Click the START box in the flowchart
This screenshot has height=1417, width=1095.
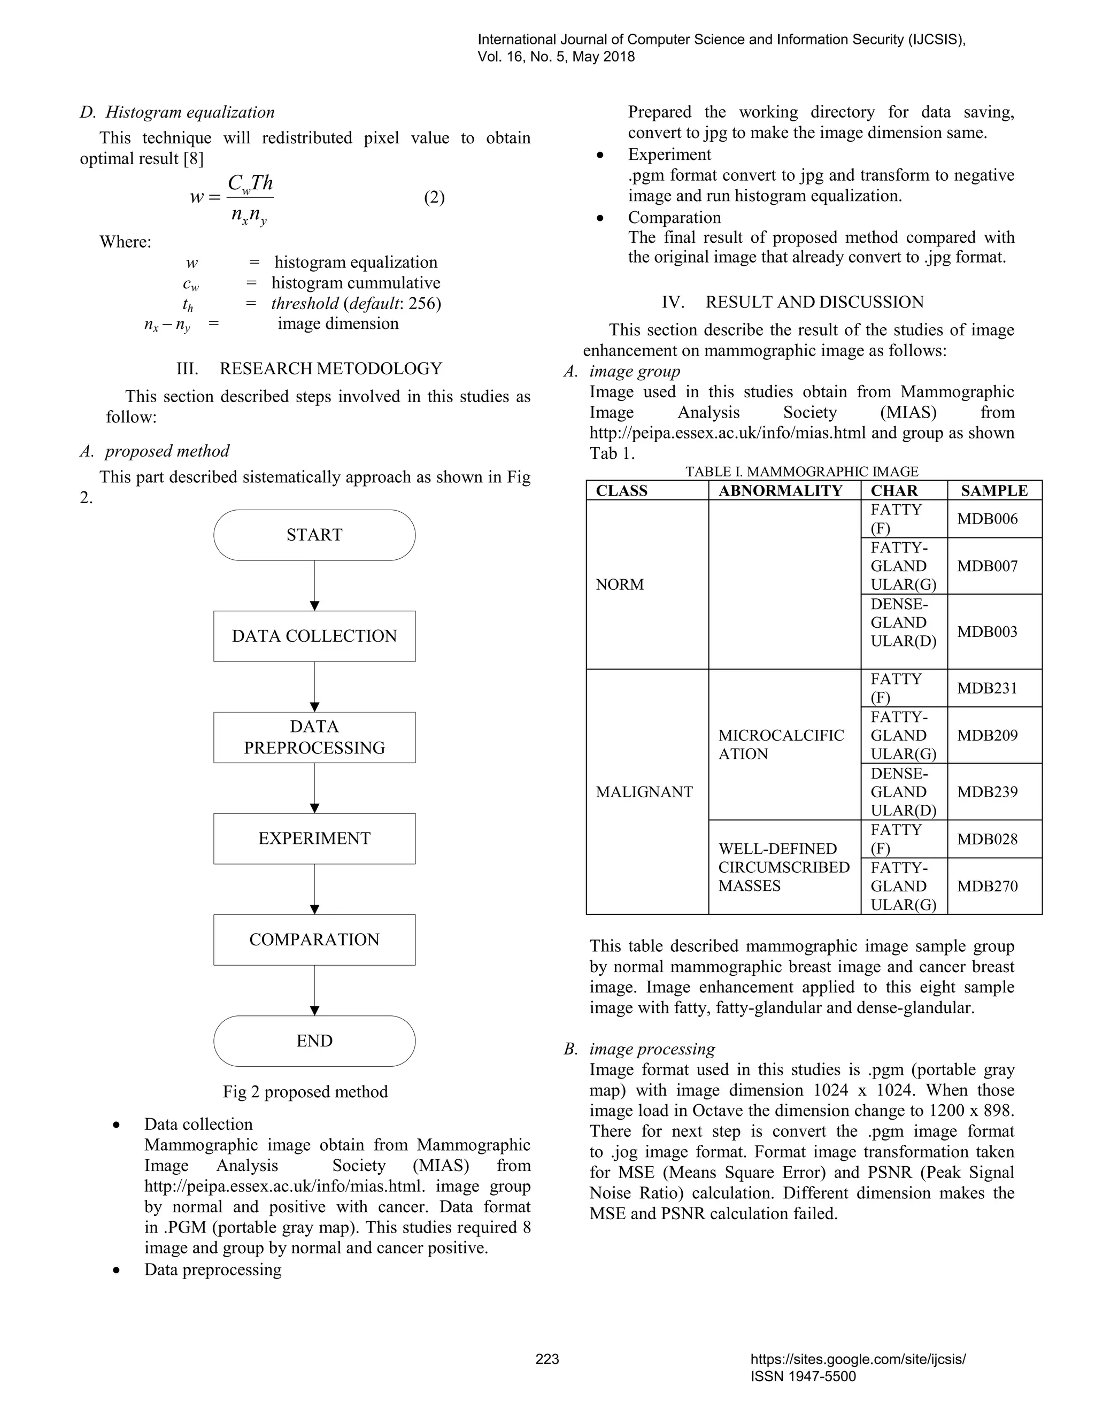314,535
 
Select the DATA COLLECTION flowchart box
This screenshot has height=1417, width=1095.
314,636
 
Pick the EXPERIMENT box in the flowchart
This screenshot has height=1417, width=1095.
314,838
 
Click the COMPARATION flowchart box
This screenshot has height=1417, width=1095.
314,939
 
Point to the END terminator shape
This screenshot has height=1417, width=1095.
314,1041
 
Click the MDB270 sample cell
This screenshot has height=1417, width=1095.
988,885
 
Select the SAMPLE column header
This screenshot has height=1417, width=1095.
994,490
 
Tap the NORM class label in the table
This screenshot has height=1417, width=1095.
620,584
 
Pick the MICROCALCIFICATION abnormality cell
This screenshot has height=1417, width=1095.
781,744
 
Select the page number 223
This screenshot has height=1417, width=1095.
547,1359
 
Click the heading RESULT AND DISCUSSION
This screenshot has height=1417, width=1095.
814,302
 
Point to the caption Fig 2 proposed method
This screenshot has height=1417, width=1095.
305,1091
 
